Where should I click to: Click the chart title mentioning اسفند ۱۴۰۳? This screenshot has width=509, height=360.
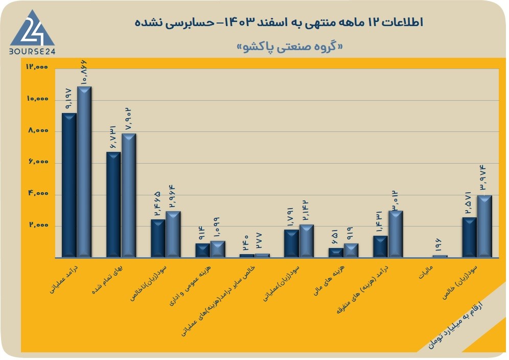click(x=279, y=22)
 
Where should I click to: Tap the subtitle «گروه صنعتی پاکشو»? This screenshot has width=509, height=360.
click(x=290, y=47)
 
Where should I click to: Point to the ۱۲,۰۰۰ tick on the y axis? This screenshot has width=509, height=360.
click(x=37, y=66)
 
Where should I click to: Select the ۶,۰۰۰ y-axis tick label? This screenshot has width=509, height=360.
click(x=38, y=162)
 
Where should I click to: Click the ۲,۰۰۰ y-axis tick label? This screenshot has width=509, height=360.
click(x=38, y=225)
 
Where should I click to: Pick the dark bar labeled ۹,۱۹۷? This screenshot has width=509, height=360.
click(x=69, y=185)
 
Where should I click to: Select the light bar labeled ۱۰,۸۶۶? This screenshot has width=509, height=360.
click(x=84, y=172)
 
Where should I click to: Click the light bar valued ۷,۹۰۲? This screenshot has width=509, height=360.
click(x=129, y=195)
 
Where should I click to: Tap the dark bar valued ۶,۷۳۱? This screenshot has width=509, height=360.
click(x=113, y=205)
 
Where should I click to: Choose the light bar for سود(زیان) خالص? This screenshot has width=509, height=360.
click(x=484, y=227)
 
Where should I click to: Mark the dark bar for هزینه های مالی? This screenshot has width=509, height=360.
click(x=336, y=253)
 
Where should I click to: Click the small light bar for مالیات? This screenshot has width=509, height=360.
click(x=440, y=256)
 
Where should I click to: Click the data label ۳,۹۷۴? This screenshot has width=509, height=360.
click(x=484, y=177)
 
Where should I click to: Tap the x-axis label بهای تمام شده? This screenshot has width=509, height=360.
click(x=108, y=279)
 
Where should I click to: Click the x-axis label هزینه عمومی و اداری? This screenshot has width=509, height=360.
click(x=190, y=285)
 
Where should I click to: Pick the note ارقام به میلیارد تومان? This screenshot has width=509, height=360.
click(x=455, y=325)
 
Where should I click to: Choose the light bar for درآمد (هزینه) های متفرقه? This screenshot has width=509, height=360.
click(x=396, y=234)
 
